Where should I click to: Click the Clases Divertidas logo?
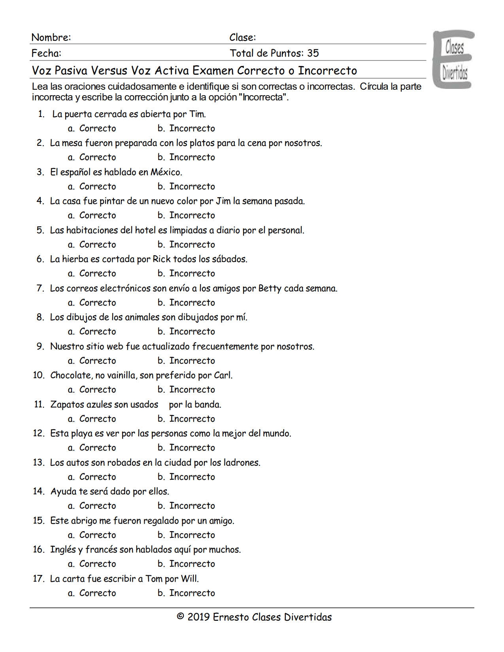click(454, 59)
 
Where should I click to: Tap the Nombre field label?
click(51, 38)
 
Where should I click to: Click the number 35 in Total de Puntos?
click(313, 53)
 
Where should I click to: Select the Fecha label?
click(46, 53)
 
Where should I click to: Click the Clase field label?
click(242, 38)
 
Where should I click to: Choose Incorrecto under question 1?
click(192, 128)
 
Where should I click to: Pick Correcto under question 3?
click(97, 187)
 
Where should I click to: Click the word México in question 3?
click(166, 172)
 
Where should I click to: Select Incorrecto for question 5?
click(192, 245)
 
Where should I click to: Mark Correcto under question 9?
click(97, 361)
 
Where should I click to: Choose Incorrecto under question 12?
click(192, 448)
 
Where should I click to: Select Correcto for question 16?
click(97, 564)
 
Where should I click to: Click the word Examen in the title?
click(213, 71)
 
